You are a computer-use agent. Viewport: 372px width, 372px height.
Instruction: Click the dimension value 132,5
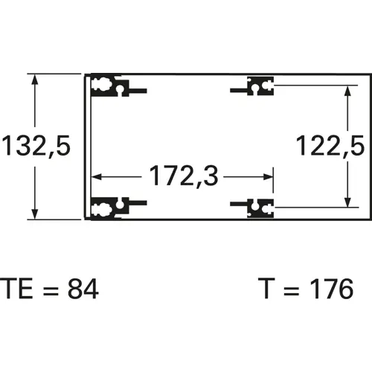coord(36,146)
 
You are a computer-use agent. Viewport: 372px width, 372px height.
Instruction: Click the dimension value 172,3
coord(183,177)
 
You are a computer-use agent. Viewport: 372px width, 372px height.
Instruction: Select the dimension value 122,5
coord(329,146)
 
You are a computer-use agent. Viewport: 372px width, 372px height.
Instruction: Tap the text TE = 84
coord(48,289)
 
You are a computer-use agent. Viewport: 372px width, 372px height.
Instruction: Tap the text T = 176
coord(306,289)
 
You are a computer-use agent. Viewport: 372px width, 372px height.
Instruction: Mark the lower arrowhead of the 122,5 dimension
coord(347,201)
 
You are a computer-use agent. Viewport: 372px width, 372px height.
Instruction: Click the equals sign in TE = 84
coord(46,289)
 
